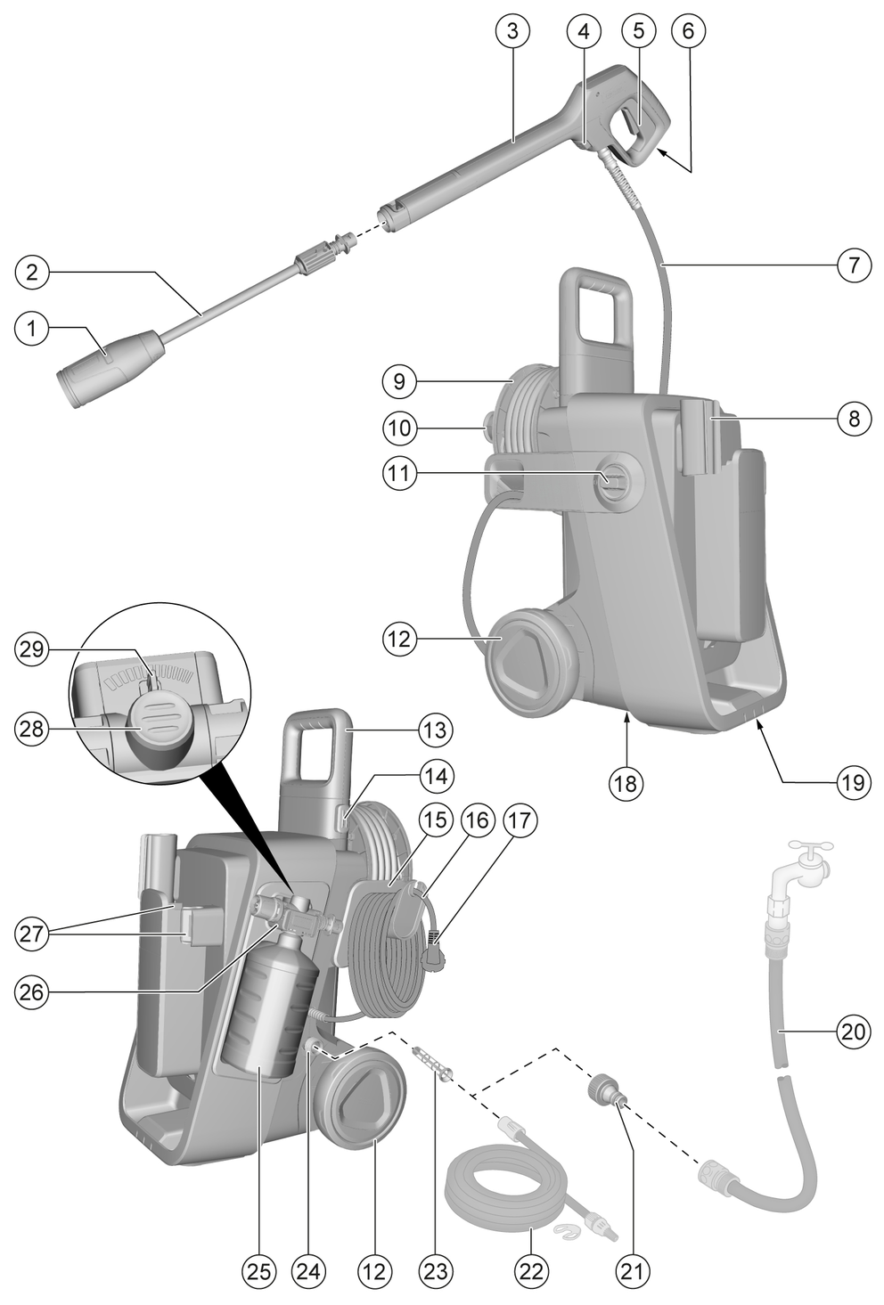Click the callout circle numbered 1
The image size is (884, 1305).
[x=32, y=330]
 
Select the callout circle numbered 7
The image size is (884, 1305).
[x=853, y=265]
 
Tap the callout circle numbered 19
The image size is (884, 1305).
[x=853, y=782]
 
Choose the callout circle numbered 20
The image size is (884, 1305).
[x=853, y=1032]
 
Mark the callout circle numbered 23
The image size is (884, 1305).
[x=437, y=1269]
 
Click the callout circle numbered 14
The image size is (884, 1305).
[x=437, y=776]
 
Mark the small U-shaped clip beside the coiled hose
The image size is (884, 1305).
[x=569, y=1231]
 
